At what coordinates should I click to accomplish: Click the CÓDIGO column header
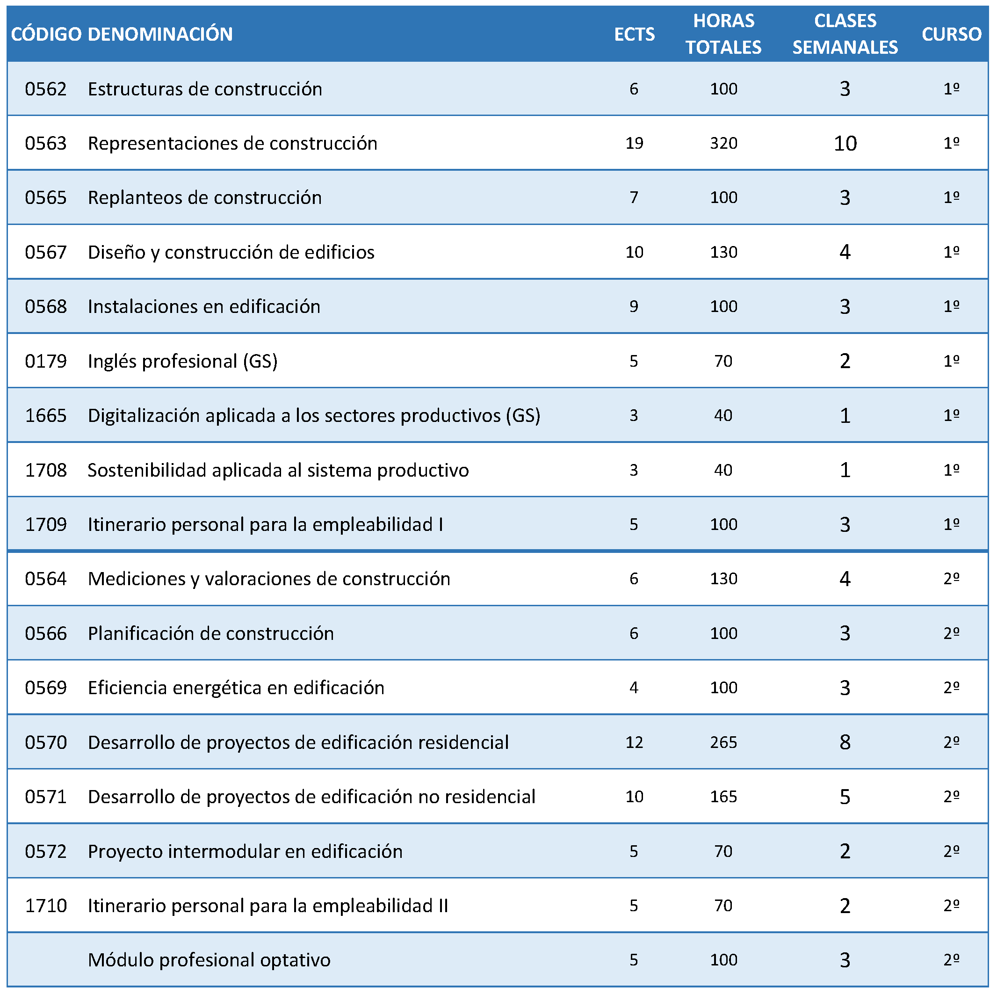[46, 34]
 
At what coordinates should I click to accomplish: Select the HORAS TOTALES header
[723, 34]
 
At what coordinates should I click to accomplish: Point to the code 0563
[46, 143]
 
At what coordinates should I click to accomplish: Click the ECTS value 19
[634, 143]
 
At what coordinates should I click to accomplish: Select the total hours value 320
[723, 143]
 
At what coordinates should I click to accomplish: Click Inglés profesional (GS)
[183, 361]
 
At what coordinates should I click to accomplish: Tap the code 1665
[46, 415]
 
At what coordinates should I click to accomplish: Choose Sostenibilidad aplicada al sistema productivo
[278, 470]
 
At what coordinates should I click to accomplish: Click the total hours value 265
[723, 742]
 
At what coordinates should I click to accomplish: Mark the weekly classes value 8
[845, 742]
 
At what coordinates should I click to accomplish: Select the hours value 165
[723, 796]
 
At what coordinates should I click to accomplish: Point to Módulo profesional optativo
[209, 960]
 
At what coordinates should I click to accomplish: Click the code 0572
[46, 851]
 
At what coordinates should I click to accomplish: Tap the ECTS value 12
[634, 742]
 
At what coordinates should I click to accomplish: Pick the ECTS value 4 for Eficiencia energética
[634, 688]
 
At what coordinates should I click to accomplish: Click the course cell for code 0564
[952, 579]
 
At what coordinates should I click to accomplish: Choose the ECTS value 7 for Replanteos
[634, 197]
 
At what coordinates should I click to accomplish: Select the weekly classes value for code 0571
[845, 796]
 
